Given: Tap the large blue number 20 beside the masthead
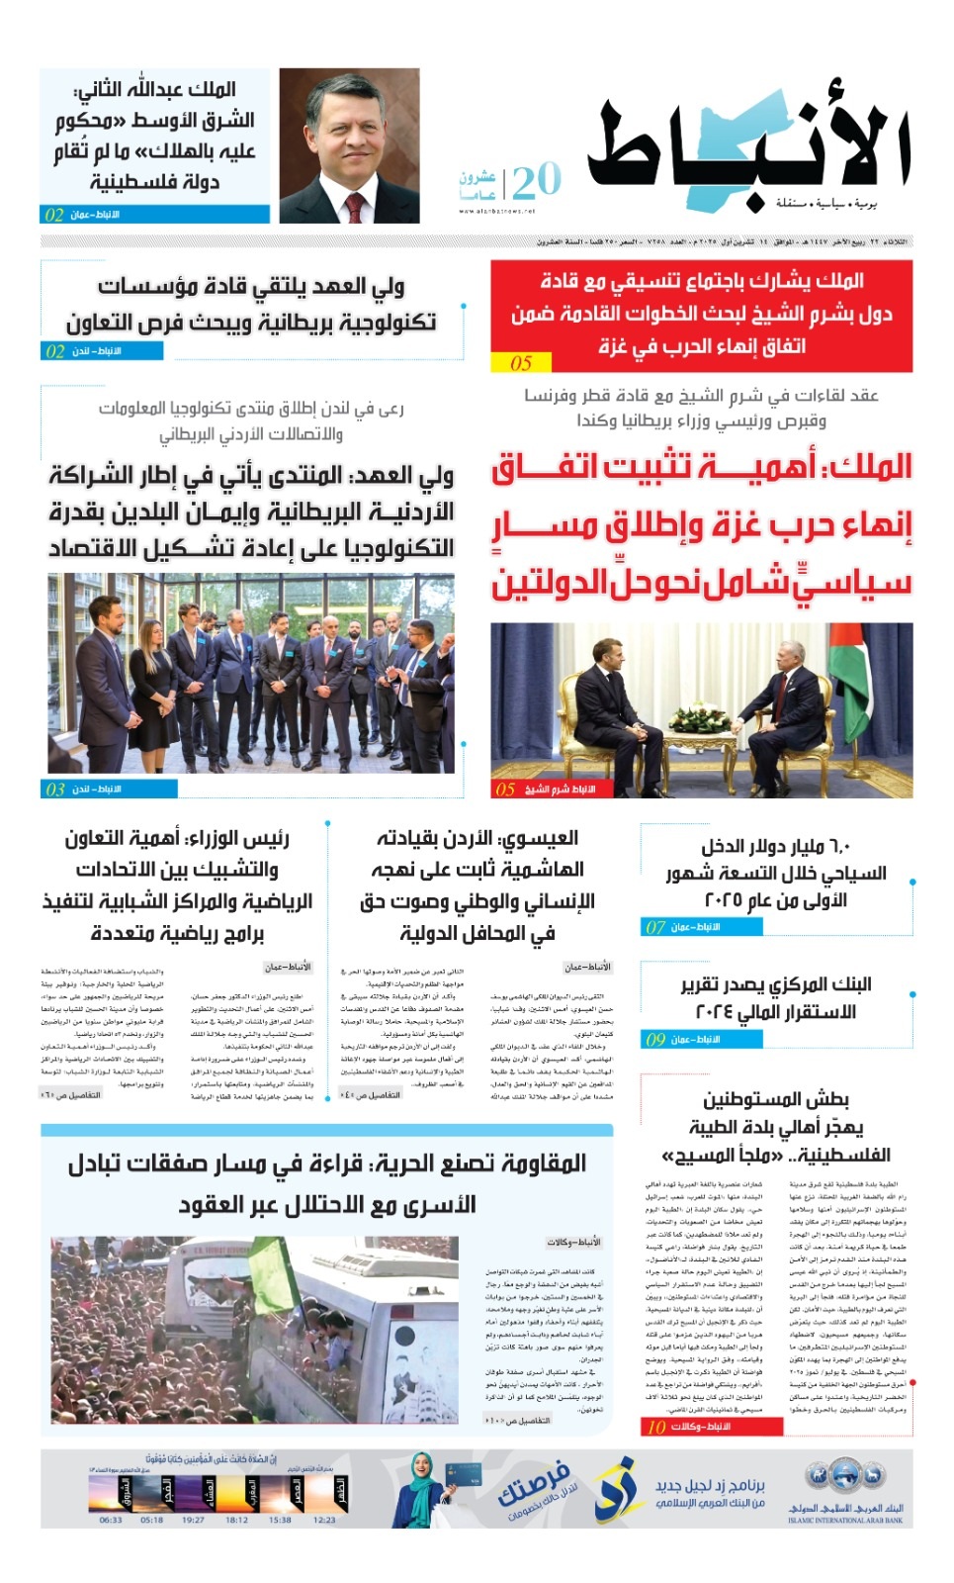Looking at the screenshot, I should point(536,180).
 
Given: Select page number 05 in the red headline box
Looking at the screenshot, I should point(521,363).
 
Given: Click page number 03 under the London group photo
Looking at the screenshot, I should point(55,789).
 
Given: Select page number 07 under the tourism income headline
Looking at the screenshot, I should point(655,927).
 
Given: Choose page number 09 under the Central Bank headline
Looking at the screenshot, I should point(655,1039).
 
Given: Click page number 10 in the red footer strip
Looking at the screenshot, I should point(656,1426).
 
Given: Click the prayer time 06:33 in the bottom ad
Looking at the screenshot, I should point(111,1520).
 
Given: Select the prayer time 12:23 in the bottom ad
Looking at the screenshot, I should point(324,1520).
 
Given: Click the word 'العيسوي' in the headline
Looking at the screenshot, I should point(538,838).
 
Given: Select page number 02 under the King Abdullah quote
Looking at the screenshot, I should point(54,214).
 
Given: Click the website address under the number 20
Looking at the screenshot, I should point(498,211).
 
